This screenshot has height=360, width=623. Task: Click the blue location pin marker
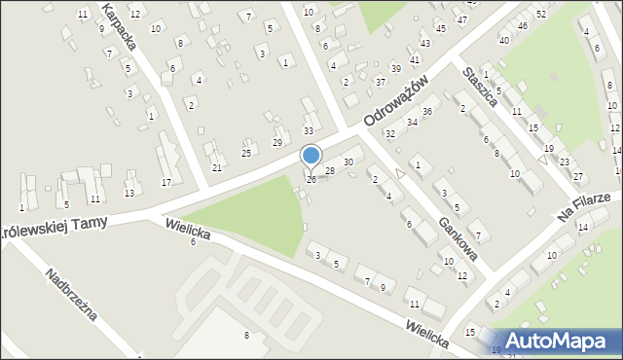311,156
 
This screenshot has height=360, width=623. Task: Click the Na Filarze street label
584,205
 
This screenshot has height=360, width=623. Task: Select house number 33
309,130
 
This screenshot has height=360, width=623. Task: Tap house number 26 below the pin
311,180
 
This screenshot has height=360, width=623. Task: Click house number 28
330,171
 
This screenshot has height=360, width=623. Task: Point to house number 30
348,162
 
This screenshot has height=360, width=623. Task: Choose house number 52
541,14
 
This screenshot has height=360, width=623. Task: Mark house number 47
461,19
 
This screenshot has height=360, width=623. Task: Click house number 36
426,112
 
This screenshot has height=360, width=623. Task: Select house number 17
166,182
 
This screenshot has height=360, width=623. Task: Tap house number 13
129,193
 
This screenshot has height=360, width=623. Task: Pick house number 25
247,153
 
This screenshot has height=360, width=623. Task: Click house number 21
217,167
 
